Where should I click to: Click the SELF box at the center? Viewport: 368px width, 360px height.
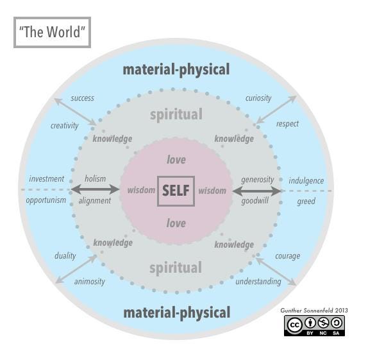coord(176,191)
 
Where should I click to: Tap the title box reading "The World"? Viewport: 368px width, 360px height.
coord(52,32)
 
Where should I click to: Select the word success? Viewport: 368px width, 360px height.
coord(82,98)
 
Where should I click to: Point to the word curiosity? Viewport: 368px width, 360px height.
coord(258,98)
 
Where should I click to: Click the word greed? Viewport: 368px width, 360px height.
coord(306,201)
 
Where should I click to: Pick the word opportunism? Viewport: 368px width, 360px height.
coord(46,200)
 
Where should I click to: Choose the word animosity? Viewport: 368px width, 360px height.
coord(89,282)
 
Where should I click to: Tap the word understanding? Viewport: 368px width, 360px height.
coord(258,282)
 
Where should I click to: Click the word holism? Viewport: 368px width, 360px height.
coord(96,179)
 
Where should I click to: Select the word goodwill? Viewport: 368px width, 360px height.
coord(255,201)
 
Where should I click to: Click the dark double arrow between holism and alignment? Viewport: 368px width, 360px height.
coord(95,189)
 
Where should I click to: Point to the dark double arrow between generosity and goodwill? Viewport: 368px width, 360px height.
coord(256,191)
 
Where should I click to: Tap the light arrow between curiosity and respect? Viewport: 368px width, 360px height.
coord(276,110)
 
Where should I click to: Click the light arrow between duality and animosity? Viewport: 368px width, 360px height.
coord(76,270)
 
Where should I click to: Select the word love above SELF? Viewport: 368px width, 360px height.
coord(176,160)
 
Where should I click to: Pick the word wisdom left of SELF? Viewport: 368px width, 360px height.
coord(141,190)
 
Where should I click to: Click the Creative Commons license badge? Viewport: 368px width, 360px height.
coord(314,325)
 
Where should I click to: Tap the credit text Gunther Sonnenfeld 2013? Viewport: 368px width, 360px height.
coord(314,311)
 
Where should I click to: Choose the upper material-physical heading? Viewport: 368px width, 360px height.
coord(176,70)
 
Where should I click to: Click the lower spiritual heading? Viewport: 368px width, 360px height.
coord(176,268)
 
